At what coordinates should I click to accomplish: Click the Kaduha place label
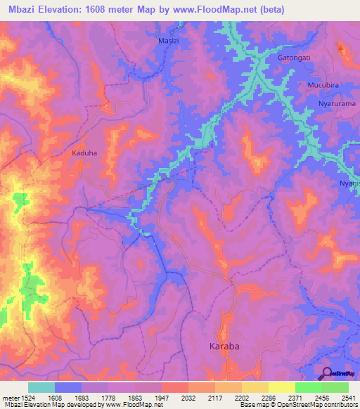[84, 152]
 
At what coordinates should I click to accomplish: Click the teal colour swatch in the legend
[41, 387]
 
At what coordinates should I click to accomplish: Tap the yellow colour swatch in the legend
[281, 387]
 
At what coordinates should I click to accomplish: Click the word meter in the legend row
[11, 397]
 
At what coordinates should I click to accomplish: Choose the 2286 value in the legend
[261, 397]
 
